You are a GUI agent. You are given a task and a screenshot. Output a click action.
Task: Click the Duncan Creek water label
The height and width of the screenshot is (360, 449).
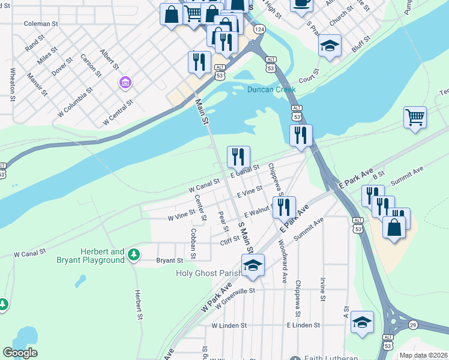click(x=272, y=89)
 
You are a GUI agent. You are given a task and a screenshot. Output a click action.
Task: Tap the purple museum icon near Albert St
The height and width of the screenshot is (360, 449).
click(x=125, y=82)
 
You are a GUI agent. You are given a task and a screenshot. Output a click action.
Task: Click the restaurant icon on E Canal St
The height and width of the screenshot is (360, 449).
click(x=238, y=157)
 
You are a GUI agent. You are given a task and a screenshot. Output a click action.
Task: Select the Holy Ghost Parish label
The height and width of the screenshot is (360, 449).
click(x=208, y=273)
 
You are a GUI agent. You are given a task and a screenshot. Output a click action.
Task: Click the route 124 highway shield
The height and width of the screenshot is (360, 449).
click(x=259, y=29)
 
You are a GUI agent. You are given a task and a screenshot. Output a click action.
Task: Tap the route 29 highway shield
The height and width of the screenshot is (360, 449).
click(x=413, y=325)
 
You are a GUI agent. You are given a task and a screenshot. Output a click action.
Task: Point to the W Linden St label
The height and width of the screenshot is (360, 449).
click(x=229, y=325)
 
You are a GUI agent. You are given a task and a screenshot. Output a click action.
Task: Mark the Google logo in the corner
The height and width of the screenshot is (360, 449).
click(x=20, y=353)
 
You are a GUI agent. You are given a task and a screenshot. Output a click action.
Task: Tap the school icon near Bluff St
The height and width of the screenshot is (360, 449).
click(x=330, y=46)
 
